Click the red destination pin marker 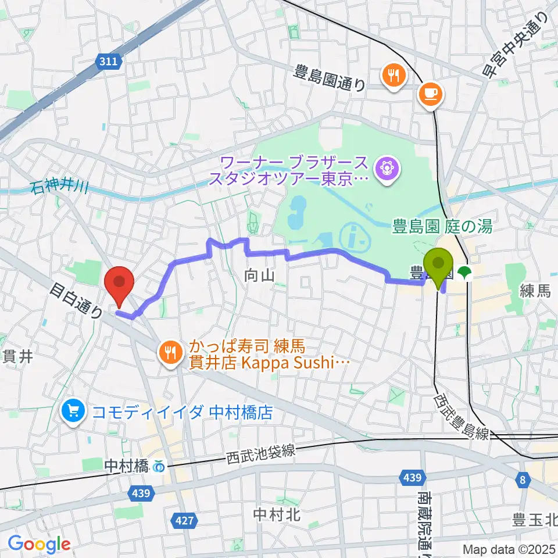[119, 283]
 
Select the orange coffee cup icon [431, 93]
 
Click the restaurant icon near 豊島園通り [394, 75]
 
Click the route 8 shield [523, 479]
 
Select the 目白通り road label [76, 299]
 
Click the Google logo [39, 544]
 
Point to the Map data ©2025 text [509, 549]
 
